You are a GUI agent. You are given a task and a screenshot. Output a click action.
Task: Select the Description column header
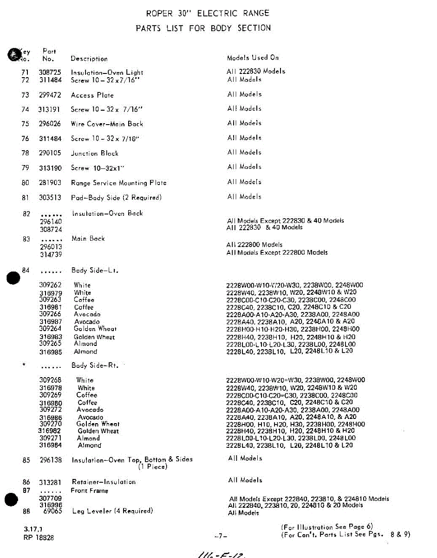[x=89, y=59]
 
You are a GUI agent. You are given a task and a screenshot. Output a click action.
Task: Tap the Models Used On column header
[x=253, y=58]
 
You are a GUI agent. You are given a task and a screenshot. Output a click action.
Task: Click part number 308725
[x=50, y=72]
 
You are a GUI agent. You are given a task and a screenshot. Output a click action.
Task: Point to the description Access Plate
[x=92, y=95]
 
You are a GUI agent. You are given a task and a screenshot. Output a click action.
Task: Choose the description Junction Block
[x=94, y=153]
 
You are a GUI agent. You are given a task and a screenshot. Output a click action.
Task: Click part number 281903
[x=50, y=183]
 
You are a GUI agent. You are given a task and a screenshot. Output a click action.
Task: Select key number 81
[x=26, y=198]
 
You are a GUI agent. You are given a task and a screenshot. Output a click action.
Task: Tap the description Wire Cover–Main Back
[x=107, y=124]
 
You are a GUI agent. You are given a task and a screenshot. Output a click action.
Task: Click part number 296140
[x=51, y=221]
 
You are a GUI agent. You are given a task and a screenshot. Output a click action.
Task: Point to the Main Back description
[x=88, y=239]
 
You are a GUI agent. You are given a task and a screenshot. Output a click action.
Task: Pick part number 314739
[x=51, y=254]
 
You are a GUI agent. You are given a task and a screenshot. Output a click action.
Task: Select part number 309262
[x=50, y=285]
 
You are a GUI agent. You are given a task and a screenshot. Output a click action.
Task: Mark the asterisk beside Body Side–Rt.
[x=23, y=365]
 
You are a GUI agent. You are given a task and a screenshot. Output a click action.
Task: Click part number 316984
[x=50, y=445]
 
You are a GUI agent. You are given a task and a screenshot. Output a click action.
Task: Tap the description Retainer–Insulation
[x=104, y=482]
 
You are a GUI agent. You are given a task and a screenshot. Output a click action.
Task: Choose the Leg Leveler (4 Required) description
[x=112, y=511]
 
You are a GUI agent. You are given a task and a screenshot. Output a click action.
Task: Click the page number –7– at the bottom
[x=221, y=536]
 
